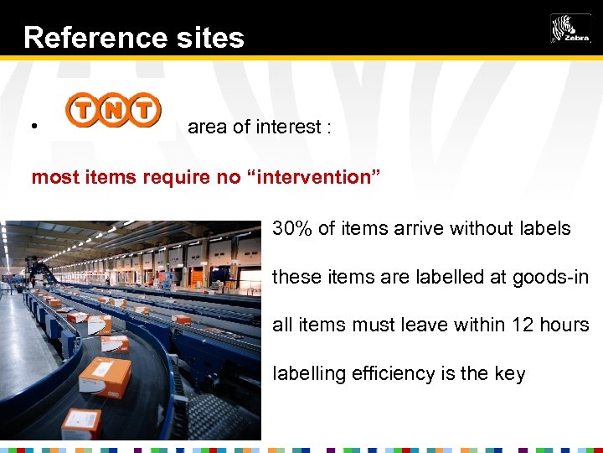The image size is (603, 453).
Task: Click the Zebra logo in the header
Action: pyautogui.click(x=570, y=29)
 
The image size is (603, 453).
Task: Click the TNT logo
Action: pyautogui.click(x=114, y=111)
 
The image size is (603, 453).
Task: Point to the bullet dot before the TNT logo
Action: pyautogui.click(x=33, y=128)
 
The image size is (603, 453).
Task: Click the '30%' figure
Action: pyautogui.click(x=291, y=228)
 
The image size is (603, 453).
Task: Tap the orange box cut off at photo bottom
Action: pyautogui.click(x=81, y=424)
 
